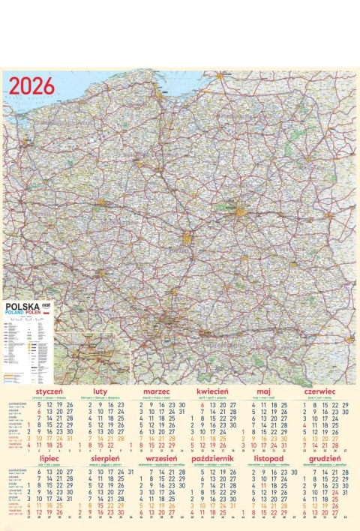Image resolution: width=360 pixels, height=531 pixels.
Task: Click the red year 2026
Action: pos(32,85)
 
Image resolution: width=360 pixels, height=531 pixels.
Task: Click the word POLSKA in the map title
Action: pos(22,307)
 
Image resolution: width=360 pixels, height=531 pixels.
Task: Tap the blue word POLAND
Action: pos(16,313)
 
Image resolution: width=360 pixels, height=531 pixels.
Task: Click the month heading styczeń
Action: pos(48,391)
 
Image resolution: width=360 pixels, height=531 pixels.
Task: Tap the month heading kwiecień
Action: pos(212,391)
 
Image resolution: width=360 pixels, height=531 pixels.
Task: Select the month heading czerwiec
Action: pos(319,391)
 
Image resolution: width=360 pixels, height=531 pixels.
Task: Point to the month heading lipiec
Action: pos(48,456)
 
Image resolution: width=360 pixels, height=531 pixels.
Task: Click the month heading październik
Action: pos(212,456)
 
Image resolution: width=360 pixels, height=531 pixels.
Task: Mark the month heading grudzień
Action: pos(319,456)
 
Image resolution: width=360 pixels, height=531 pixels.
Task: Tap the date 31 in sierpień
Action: pos(130,469)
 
